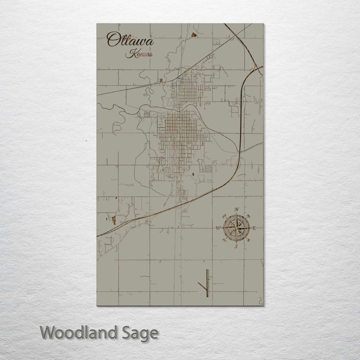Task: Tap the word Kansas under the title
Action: tap(139, 54)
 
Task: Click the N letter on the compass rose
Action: tap(237, 209)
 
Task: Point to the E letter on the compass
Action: tap(255, 228)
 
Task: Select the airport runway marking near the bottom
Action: tap(206, 282)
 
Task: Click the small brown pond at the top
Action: tap(192, 34)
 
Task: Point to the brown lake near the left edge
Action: tap(114, 219)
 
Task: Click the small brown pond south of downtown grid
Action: tap(193, 174)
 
